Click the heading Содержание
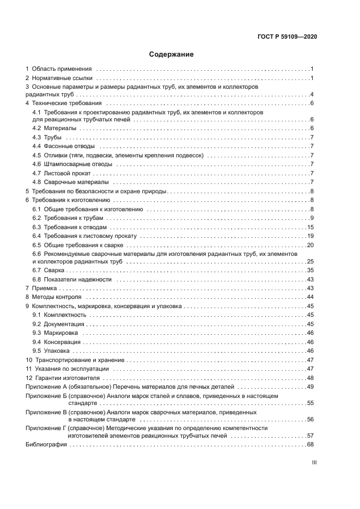(x=172, y=54)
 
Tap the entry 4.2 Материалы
(x=54, y=128)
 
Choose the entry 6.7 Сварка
(x=49, y=270)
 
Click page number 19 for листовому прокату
(x=310, y=235)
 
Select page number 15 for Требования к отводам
(x=310, y=226)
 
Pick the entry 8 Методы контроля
(x=53, y=297)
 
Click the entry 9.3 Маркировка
(x=55, y=333)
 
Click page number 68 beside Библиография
(x=310, y=444)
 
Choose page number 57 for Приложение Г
(x=310, y=436)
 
